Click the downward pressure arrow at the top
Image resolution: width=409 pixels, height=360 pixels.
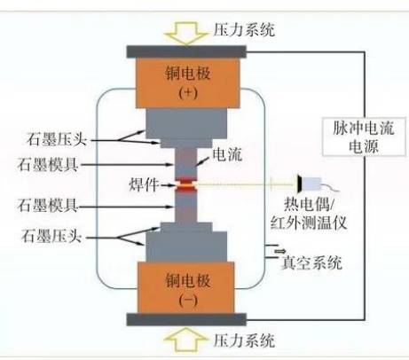(x=186, y=33)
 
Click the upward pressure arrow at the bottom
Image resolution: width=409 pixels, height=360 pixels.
(x=186, y=339)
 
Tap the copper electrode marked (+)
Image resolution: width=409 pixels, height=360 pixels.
(x=187, y=82)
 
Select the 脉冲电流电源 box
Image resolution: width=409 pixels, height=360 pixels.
(x=364, y=137)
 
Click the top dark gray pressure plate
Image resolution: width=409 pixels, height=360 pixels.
(x=186, y=51)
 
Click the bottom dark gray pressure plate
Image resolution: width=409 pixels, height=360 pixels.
(x=186, y=319)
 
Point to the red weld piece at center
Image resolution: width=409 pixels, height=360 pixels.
(x=186, y=185)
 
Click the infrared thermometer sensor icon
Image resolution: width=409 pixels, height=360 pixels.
(x=310, y=184)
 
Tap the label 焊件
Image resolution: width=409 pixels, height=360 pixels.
(x=144, y=185)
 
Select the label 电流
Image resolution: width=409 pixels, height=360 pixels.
(x=227, y=154)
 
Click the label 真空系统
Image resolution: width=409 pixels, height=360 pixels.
(x=311, y=262)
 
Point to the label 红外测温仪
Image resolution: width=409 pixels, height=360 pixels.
(x=309, y=223)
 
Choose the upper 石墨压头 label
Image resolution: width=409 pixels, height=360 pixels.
(x=57, y=139)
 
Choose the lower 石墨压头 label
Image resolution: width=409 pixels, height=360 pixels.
(x=51, y=237)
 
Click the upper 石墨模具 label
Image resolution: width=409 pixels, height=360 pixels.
(x=48, y=165)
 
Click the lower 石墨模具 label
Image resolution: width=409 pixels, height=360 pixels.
(x=48, y=206)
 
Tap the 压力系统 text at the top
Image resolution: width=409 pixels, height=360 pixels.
(x=244, y=29)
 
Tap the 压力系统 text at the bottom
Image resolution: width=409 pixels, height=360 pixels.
(x=244, y=340)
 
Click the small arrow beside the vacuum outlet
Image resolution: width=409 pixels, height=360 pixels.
(x=280, y=251)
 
